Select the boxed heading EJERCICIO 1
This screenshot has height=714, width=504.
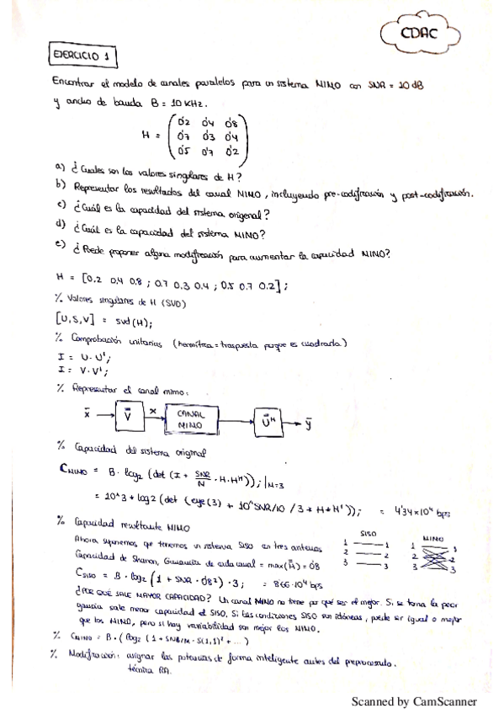[x=83, y=57]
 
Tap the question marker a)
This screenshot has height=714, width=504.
[x=58, y=165]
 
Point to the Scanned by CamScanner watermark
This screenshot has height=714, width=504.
[x=413, y=701]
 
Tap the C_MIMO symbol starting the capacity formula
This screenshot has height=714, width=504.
[x=77, y=472]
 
